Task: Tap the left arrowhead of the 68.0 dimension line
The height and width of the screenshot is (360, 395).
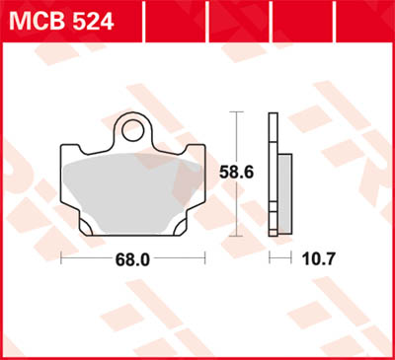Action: [x=64, y=261]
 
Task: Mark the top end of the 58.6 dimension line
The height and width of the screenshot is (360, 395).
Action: [x=236, y=113]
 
